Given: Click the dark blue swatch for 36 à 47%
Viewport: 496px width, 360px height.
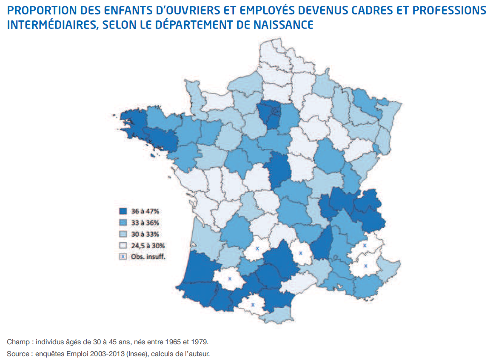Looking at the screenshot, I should point(123,211).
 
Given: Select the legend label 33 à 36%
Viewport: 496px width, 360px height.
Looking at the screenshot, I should point(145,222).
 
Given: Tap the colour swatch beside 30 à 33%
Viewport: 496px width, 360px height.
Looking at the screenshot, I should point(123,234).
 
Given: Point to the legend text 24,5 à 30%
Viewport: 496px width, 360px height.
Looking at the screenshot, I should point(148,245).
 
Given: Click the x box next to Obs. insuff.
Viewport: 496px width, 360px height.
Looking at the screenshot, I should point(123,257).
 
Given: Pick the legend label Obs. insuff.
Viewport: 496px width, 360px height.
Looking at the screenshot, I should point(148,257).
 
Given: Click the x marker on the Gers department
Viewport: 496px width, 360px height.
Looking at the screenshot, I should point(230,279).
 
